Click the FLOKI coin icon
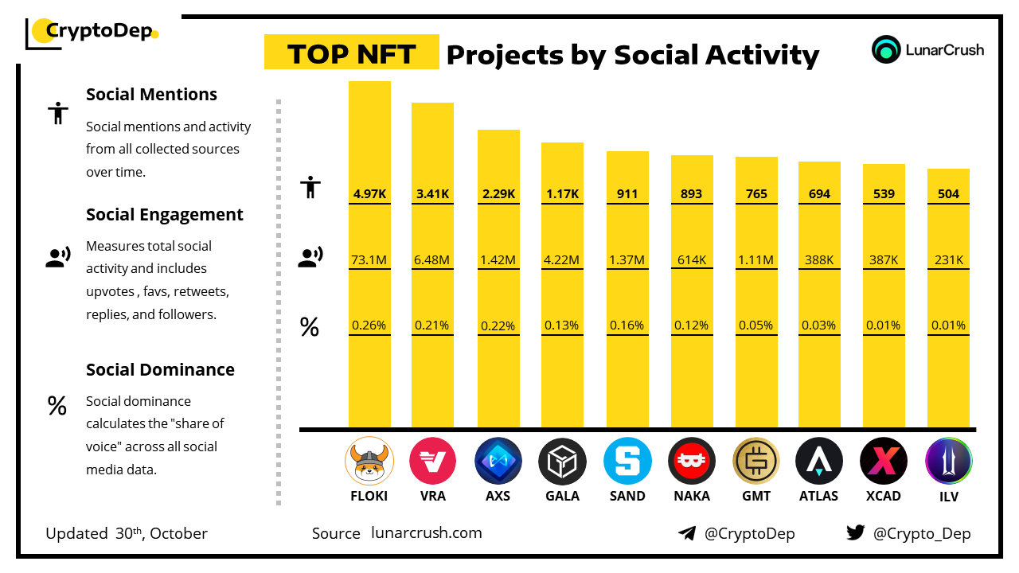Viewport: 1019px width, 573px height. tap(369, 462)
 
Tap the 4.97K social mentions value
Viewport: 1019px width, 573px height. tap(369, 193)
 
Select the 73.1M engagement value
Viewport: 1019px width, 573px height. tap(369, 259)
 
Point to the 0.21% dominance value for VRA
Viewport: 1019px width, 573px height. tap(432, 325)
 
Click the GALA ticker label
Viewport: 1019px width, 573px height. tap(562, 496)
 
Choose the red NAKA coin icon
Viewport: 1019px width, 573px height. tap(692, 462)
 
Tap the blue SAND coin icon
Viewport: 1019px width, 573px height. tap(627, 462)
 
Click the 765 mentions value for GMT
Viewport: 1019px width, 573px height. tap(756, 193)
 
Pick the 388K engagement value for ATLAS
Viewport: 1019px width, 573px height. tap(819, 259)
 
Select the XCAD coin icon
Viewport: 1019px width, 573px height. tap(884, 462)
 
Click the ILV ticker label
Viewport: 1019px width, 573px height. tap(948, 496)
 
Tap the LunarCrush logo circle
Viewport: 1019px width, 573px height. tap(886, 49)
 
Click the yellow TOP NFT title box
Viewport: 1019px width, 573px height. tap(352, 53)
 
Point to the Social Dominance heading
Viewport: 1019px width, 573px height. tap(160, 369)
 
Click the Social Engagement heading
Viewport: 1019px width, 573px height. tap(165, 215)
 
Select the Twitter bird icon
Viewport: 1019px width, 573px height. tap(855, 532)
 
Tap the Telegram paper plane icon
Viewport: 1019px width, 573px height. tap(687, 533)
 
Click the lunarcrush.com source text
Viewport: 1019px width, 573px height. tap(427, 533)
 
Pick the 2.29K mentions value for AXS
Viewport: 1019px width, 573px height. tap(498, 193)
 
